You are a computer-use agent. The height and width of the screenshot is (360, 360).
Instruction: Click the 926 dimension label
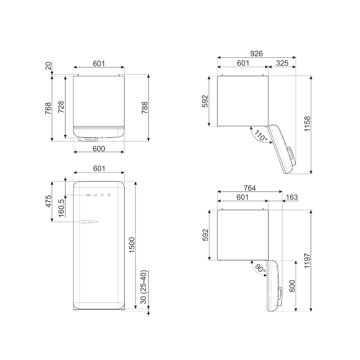click(x=256, y=54)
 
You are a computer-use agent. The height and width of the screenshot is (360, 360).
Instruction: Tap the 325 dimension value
click(x=282, y=63)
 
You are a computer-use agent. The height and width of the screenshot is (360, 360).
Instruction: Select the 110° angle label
click(x=261, y=136)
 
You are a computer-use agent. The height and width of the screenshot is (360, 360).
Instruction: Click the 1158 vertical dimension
click(x=307, y=124)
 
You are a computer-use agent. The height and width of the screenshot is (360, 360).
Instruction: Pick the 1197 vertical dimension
click(x=307, y=261)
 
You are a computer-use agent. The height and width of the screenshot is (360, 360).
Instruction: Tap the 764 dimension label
click(x=250, y=188)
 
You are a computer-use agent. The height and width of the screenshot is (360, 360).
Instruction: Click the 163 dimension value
click(x=292, y=197)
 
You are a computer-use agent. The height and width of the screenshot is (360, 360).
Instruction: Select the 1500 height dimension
click(x=132, y=245)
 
